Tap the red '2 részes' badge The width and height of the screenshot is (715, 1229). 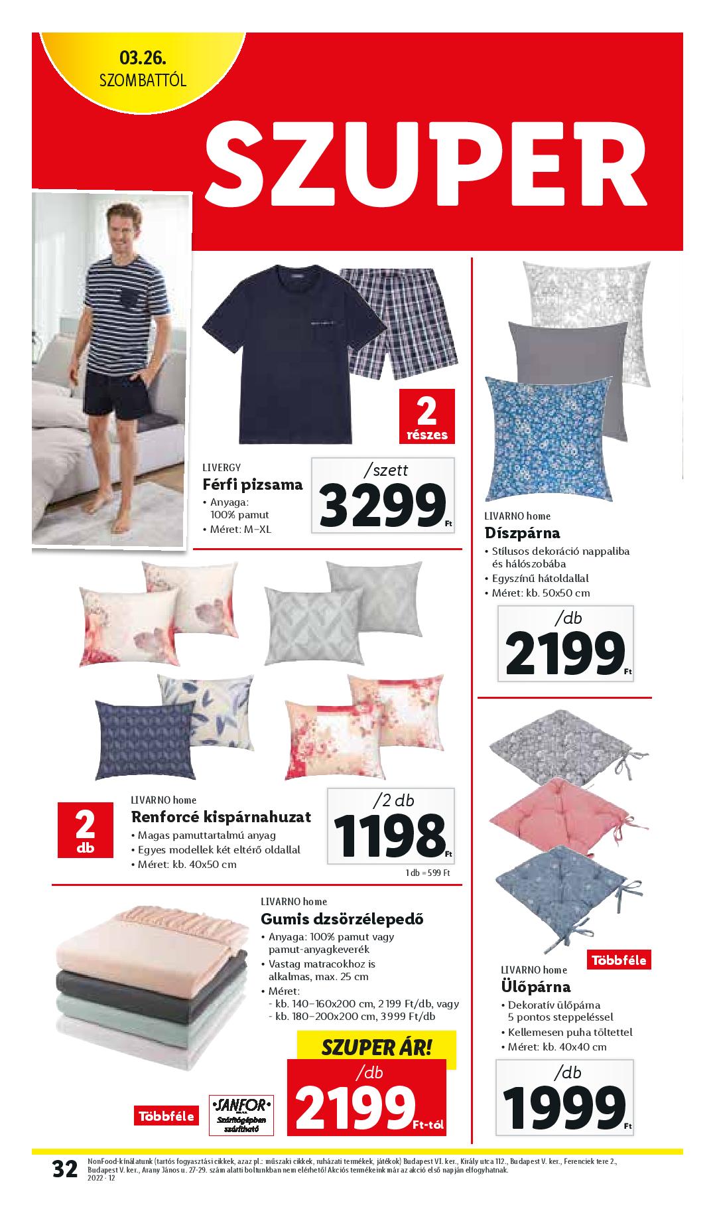click(x=426, y=417)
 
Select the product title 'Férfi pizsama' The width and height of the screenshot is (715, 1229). click(x=252, y=484)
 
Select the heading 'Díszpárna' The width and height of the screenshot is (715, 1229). click(x=522, y=532)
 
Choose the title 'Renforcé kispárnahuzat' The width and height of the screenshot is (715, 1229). click(x=221, y=816)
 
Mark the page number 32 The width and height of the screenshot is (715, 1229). click(x=65, y=1187)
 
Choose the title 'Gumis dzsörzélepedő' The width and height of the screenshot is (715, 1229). click(x=332, y=919)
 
